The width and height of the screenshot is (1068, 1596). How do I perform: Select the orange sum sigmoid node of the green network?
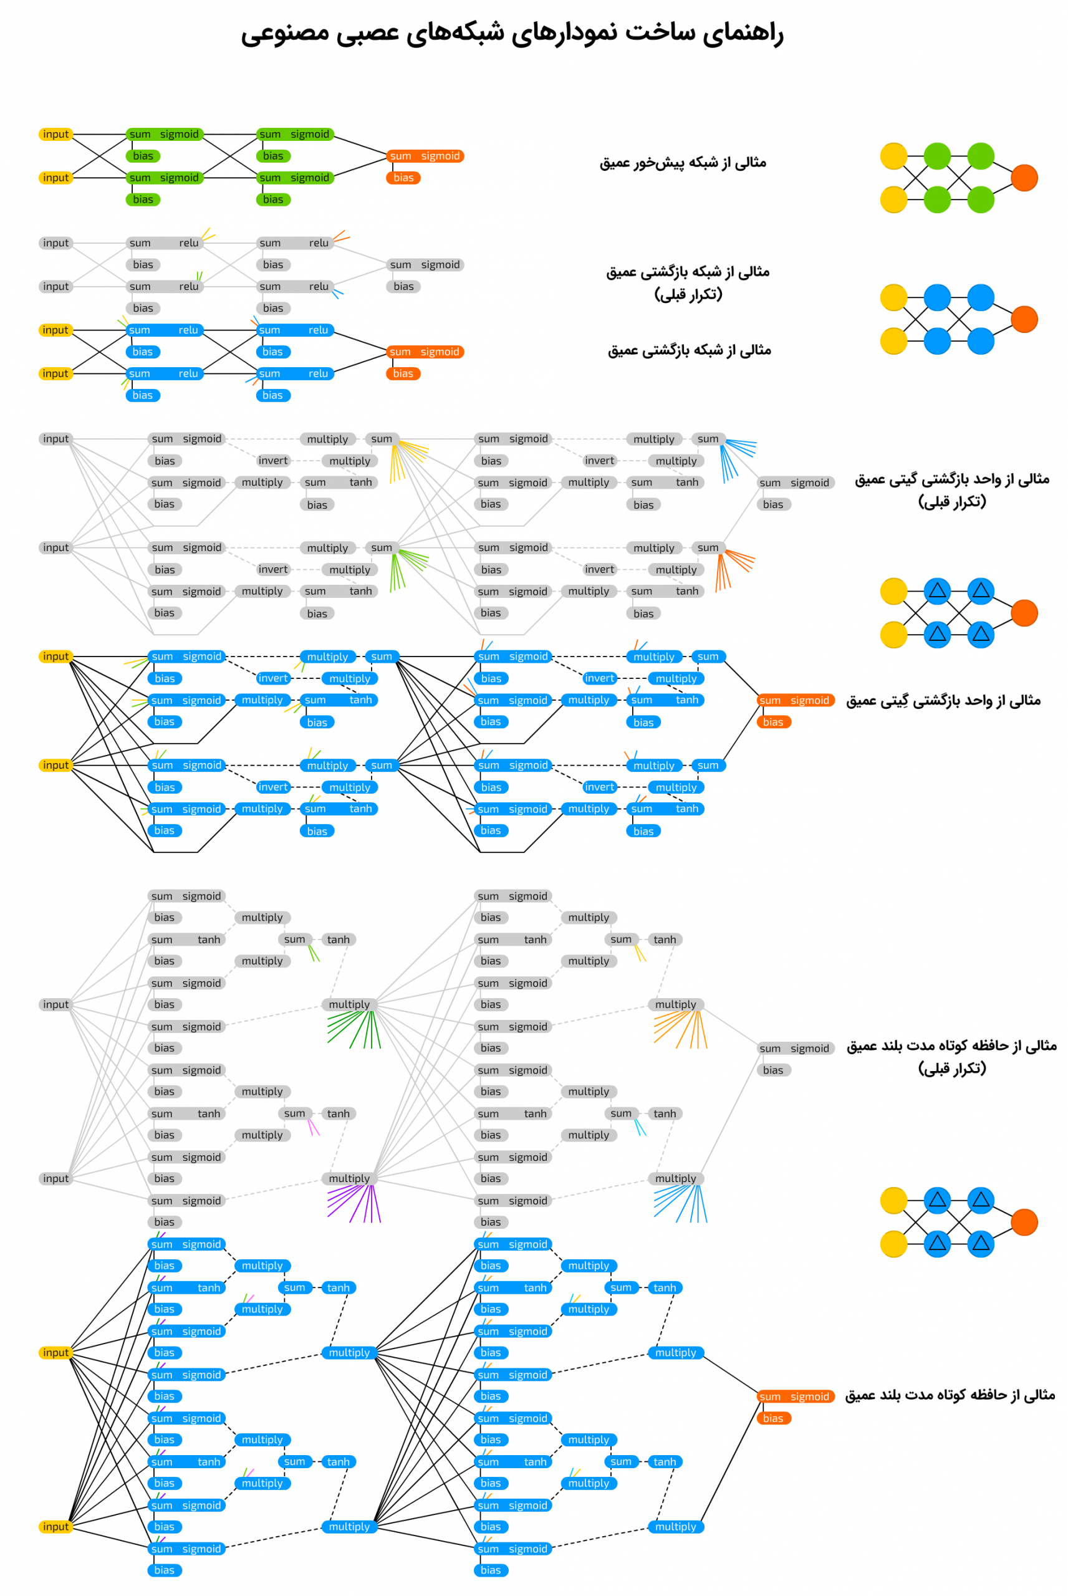[425, 156]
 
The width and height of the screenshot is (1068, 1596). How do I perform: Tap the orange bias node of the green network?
[403, 178]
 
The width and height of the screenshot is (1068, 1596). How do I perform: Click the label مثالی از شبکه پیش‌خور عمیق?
[683, 162]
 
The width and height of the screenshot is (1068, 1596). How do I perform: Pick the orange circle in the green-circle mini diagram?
[1024, 178]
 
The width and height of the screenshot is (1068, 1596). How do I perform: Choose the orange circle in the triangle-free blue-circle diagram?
[1024, 319]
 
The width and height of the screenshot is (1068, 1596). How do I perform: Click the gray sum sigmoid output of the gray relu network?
[425, 265]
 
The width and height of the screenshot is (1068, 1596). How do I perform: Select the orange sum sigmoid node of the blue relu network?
[425, 352]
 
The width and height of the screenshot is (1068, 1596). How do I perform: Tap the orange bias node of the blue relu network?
[403, 374]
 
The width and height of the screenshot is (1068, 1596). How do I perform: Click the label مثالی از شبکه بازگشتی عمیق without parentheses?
[690, 350]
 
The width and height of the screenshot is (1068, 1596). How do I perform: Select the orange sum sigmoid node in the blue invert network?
[796, 700]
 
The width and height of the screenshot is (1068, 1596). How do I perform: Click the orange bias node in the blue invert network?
[773, 722]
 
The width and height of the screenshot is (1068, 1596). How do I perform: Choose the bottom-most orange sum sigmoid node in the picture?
[796, 1396]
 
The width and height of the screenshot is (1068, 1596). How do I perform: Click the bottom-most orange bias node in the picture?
[773, 1418]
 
